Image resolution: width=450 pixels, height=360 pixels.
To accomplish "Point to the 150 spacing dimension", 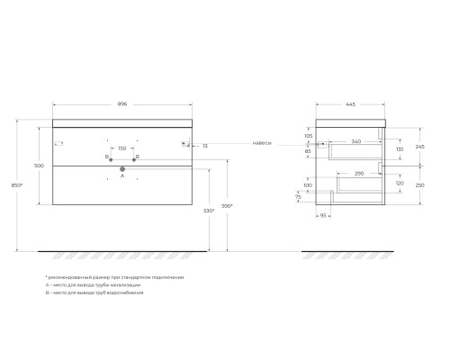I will tap(122, 149).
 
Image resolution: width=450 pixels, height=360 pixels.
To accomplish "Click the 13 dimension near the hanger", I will tap(205, 145).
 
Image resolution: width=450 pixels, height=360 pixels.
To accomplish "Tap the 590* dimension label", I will tap(229, 206).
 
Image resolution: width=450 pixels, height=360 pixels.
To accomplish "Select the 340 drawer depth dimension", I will tap(357, 141).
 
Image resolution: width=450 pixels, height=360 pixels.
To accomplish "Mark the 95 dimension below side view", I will tap(322, 216).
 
